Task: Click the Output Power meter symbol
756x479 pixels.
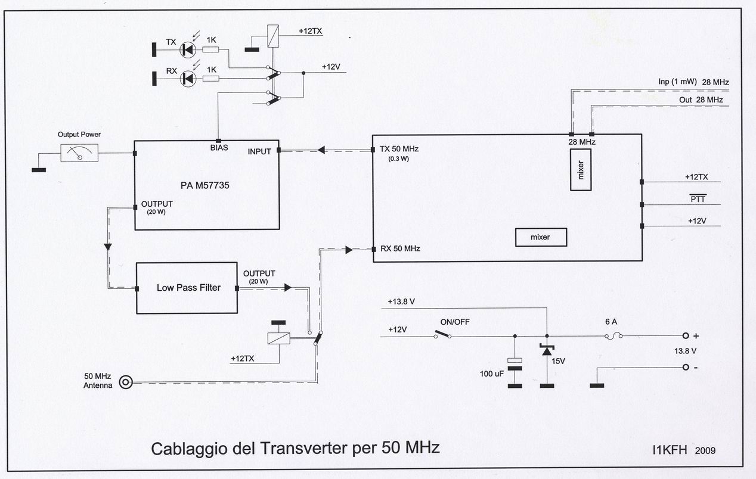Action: pos(79,153)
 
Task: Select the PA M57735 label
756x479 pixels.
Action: pos(205,185)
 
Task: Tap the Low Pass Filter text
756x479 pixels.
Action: pos(188,288)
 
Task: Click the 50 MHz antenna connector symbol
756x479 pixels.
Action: pos(126,382)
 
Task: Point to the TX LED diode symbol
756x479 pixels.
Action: pos(188,50)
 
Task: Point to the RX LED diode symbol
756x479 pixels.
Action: pos(188,79)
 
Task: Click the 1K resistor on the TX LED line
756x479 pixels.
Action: pos(210,50)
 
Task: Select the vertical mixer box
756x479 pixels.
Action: pos(581,170)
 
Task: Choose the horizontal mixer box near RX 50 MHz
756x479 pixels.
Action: pos(541,237)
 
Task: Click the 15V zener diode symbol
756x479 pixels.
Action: pos(547,350)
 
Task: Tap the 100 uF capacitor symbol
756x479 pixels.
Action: pos(515,364)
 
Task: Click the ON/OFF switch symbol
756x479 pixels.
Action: pos(443,335)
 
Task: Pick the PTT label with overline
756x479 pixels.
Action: pos(698,198)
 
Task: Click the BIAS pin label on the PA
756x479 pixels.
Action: pos(219,148)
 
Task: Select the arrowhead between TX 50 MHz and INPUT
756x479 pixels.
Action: pos(321,150)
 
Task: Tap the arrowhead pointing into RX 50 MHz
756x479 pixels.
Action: pos(349,250)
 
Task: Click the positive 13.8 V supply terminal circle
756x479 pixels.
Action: pos(686,336)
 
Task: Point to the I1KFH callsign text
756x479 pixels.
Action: pos(670,450)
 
